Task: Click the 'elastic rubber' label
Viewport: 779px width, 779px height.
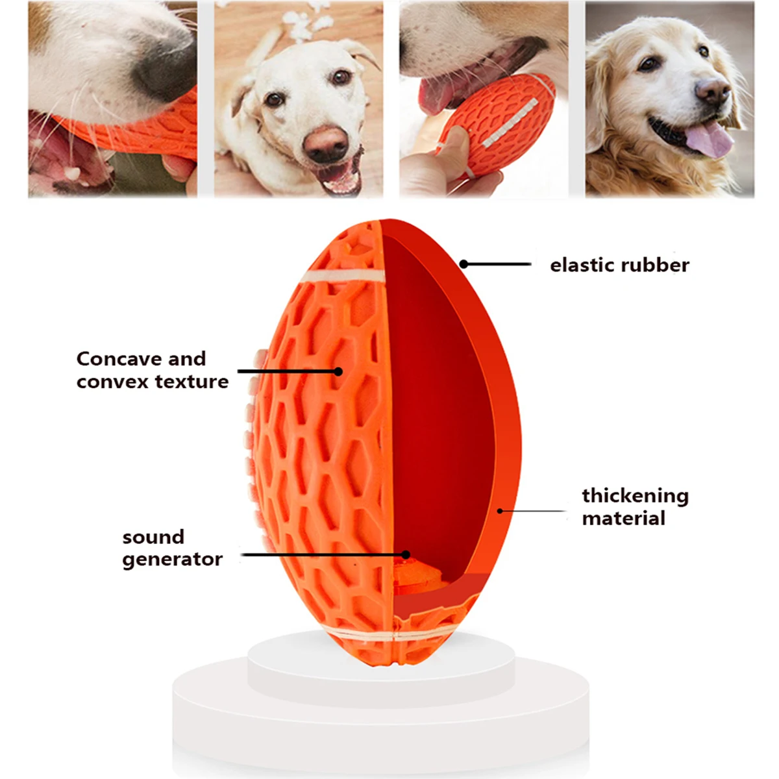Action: [x=619, y=266]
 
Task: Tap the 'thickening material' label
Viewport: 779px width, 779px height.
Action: [x=635, y=506]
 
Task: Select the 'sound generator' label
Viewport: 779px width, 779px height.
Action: [x=172, y=548]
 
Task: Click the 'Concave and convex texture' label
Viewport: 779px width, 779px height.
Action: [x=153, y=370]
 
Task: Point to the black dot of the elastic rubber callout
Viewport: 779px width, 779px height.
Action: [x=464, y=264]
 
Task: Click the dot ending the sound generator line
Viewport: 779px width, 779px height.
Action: [x=406, y=554]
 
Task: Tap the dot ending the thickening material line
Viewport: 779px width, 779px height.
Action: [x=500, y=511]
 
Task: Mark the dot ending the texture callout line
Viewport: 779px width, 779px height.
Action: [x=338, y=371]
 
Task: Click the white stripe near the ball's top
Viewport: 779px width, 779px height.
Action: [x=343, y=277]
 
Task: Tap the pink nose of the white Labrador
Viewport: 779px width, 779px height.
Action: [x=325, y=143]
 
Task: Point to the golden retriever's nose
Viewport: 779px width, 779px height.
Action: [x=712, y=90]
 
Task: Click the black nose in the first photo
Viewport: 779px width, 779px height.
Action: [x=164, y=60]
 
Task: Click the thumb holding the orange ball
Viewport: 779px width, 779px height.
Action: [x=452, y=142]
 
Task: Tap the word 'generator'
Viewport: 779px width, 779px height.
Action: [x=172, y=560]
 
